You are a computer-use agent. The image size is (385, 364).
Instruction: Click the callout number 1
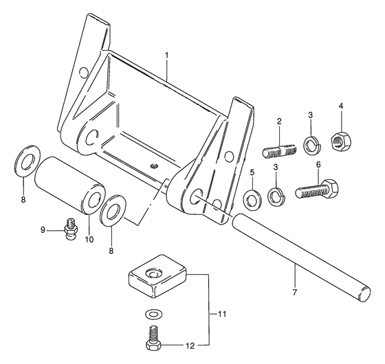coord(166,56)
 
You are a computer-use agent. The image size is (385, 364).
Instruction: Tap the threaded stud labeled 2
coord(280,150)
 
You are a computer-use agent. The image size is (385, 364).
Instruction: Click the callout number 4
coord(341,106)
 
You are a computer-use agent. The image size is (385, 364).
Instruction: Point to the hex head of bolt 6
coord(329,188)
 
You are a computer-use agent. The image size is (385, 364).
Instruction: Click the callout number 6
coord(318,165)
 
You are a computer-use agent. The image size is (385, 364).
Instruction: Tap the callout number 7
coord(295,293)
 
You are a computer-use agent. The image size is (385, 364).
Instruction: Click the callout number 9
coord(43,230)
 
